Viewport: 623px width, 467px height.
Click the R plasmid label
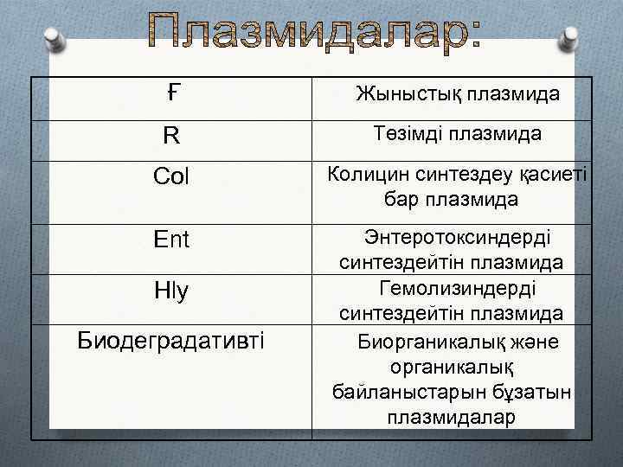click(x=172, y=136)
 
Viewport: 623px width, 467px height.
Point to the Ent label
click(x=170, y=238)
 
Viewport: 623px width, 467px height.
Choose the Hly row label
click(x=170, y=292)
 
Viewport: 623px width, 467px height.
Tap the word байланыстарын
click(x=395, y=393)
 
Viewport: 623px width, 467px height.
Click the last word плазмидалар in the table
click(x=452, y=418)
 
